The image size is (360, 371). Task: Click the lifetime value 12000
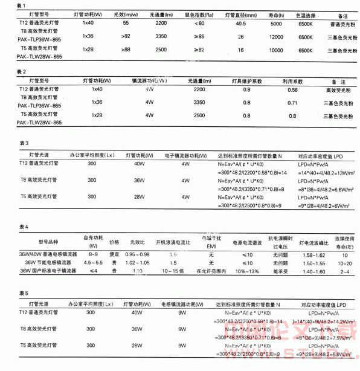pos(277,37)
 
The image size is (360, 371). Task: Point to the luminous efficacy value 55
pos(126,23)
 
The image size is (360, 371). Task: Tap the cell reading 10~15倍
pos(174,271)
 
